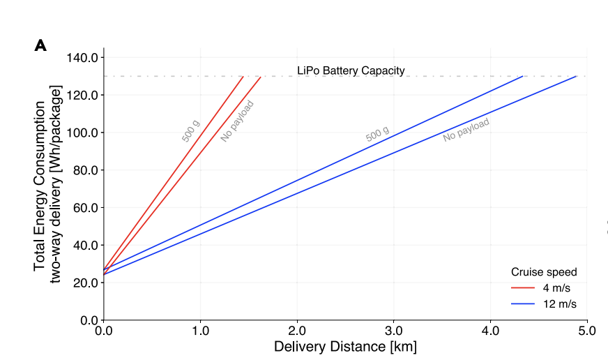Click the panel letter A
pyautogui.click(x=40, y=46)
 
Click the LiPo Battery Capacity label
pyautogui.click(x=351, y=70)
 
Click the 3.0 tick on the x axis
pyautogui.click(x=394, y=330)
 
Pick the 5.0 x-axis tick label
pyautogui.click(x=587, y=330)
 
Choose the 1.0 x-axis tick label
pyautogui.click(x=201, y=330)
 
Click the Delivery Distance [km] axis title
pyautogui.click(x=345, y=347)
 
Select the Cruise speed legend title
pyautogui.click(x=544, y=272)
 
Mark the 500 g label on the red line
pyautogui.click(x=190, y=131)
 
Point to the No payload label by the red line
pyautogui.click(x=237, y=121)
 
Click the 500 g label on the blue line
pyautogui.click(x=377, y=135)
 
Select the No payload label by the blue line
pyautogui.click(x=466, y=130)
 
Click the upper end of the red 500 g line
pyautogui.click(x=243, y=76)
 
